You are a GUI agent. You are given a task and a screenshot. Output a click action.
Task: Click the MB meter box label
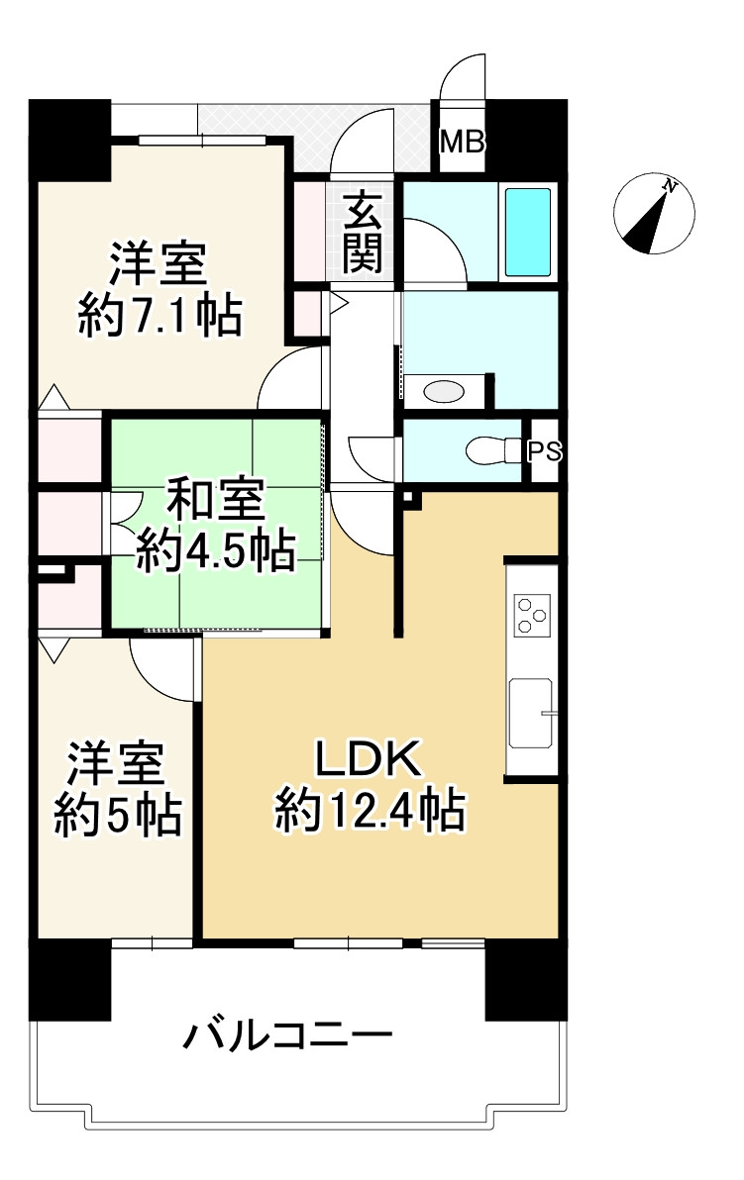(x=463, y=143)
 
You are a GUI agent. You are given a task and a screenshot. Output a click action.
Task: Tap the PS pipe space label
(x=544, y=451)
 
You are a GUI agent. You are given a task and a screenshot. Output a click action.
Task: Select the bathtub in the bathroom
(x=528, y=232)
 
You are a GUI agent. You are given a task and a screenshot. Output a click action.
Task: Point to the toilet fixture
(x=491, y=451)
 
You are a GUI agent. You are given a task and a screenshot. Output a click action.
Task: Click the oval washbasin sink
(x=442, y=391)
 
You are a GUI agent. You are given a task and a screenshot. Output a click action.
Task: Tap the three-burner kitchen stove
(x=531, y=616)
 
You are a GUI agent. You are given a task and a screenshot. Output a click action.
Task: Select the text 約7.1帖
(x=159, y=318)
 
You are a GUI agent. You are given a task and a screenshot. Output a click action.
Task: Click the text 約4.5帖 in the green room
(x=215, y=550)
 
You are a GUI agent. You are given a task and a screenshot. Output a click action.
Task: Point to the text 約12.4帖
(x=370, y=812)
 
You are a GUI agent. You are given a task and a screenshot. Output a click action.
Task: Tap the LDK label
(x=370, y=760)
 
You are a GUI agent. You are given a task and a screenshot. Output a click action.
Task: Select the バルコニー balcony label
(x=287, y=1037)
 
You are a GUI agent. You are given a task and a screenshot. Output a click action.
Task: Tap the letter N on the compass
(x=671, y=185)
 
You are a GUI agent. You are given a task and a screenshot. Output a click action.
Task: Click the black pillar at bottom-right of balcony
(x=525, y=980)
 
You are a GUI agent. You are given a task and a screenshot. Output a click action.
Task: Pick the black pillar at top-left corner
(x=69, y=139)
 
